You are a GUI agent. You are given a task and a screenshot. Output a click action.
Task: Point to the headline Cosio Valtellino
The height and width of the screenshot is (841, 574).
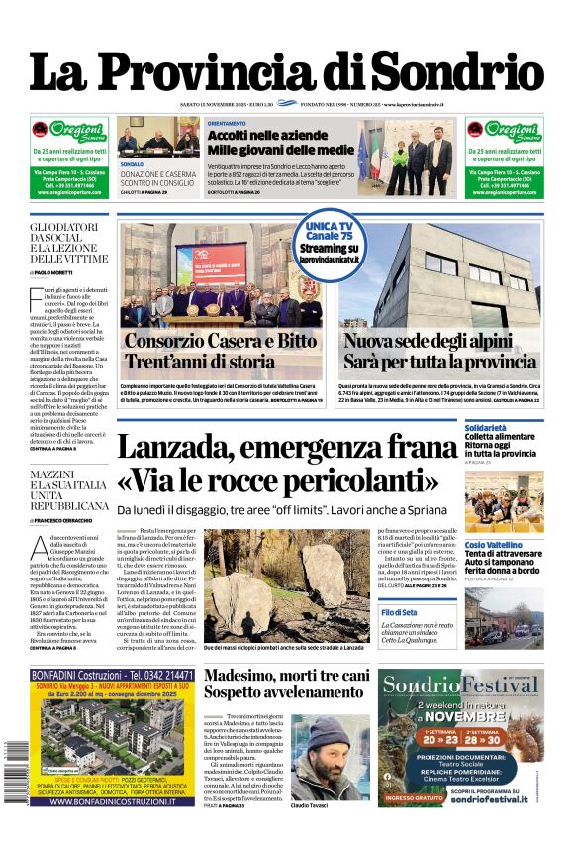pyautogui.click(x=501, y=545)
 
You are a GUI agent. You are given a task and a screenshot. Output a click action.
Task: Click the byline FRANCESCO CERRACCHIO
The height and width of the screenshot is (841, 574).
pyautogui.click(x=70, y=520)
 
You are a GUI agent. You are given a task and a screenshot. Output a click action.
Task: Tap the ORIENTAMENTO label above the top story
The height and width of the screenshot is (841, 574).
pyautogui.click(x=228, y=123)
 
